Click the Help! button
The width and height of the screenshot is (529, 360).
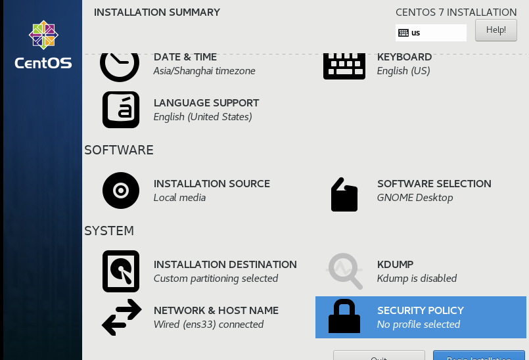495,30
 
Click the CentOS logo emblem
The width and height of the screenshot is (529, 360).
43,35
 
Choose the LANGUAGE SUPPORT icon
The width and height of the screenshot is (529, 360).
121,110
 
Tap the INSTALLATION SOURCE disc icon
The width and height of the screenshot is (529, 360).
121,191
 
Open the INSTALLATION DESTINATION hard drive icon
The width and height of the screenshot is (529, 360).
121,271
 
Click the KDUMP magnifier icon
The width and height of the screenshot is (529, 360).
345,271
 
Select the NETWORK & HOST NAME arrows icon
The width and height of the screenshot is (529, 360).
122,317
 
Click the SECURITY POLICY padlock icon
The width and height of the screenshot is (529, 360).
344,317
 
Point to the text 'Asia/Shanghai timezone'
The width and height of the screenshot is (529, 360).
204,71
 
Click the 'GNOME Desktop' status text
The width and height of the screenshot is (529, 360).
415,198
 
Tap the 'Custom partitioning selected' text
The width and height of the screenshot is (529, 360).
216,279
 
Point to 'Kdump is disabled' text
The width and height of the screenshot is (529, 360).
417,279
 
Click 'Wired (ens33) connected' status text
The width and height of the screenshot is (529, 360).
208,325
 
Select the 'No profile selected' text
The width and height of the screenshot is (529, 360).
419,325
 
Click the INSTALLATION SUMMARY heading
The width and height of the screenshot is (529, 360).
157,12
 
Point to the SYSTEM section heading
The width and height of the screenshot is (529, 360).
109,231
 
